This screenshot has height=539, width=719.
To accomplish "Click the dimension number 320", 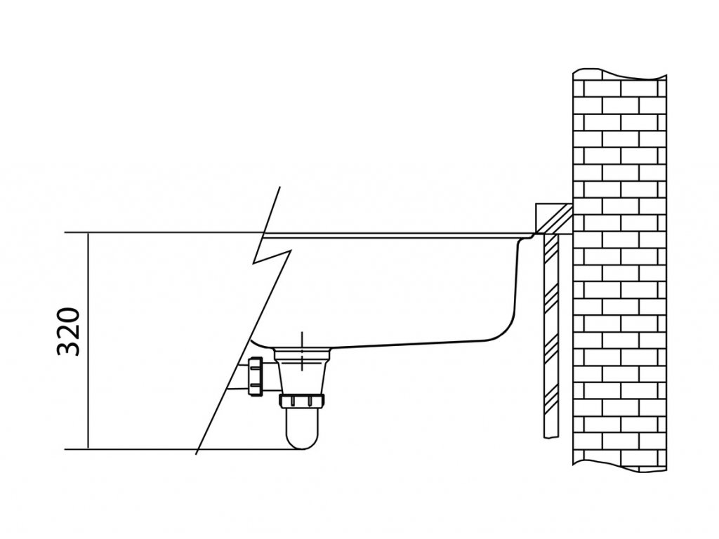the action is [70, 332].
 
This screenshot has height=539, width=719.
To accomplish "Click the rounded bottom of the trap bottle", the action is [301, 440].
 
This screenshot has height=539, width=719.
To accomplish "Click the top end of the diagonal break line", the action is [280, 187].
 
